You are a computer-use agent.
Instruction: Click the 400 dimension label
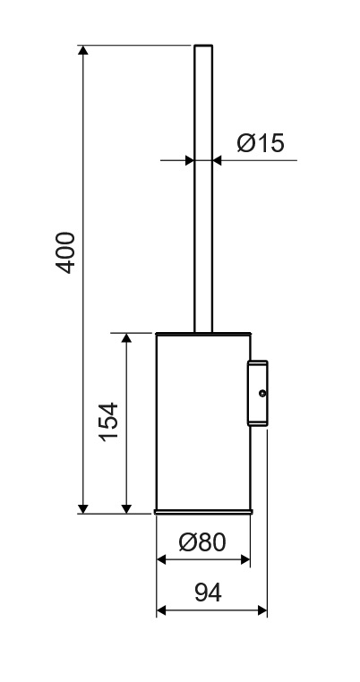(x=66, y=252)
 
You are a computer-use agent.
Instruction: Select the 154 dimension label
(x=109, y=422)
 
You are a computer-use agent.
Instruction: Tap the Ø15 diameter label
(x=261, y=142)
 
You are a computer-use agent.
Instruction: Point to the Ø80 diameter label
(x=202, y=542)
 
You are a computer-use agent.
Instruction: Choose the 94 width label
(x=208, y=592)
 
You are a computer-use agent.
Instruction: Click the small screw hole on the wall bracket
(x=262, y=393)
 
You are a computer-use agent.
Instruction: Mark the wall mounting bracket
(x=258, y=393)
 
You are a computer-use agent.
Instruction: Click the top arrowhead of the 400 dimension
(x=83, y=50)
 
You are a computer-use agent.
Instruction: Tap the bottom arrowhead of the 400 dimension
(x=83, y=508)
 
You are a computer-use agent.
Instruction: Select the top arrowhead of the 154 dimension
(x=126, y=338)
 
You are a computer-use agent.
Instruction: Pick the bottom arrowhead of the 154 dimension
(x=126, y=508)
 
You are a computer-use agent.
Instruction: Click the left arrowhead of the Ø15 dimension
(x=189, y=160)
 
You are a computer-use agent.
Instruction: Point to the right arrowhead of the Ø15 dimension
(x=218, y=160)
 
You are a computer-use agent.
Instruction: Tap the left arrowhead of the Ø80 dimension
(x=161, y=559)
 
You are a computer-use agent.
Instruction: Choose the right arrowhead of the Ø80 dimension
(x=245, y=559)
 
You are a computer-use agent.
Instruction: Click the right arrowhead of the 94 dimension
(x=262, y=610)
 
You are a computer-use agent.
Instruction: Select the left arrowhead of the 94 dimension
(x=161, y=610)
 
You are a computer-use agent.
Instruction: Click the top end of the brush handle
(x=203, y=46)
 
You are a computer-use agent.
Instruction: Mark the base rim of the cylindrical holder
(x=203, y=512)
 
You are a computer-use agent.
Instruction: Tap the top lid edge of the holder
(x=203, y=334)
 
